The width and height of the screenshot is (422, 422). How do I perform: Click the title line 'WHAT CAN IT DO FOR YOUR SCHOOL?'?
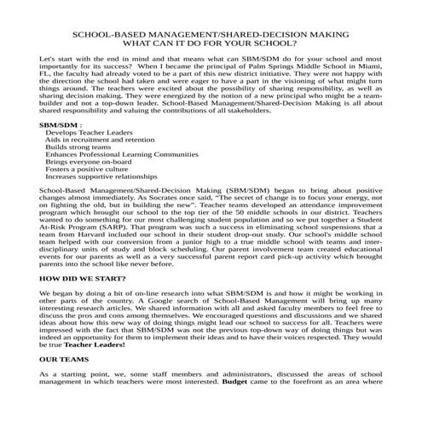[x=211, y=40]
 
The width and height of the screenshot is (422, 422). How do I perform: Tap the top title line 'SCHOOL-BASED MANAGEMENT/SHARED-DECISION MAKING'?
[x=211, y=29]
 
